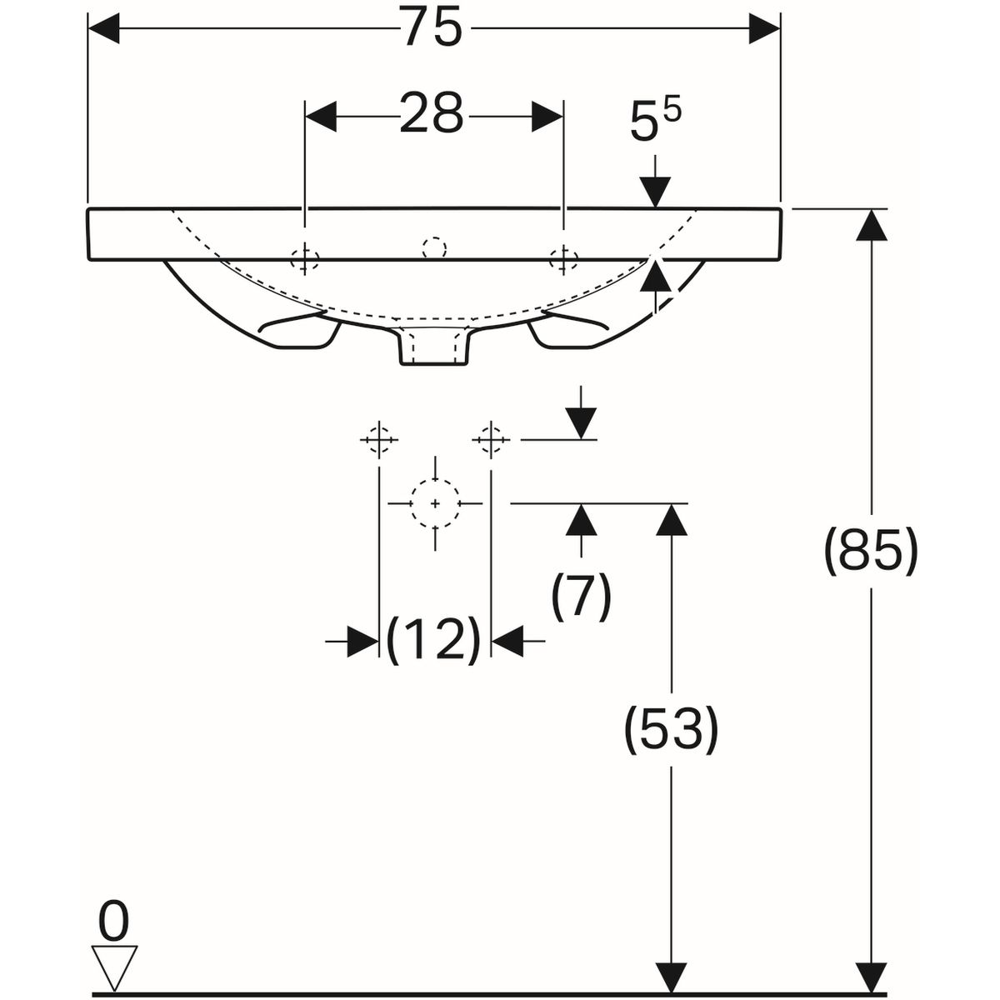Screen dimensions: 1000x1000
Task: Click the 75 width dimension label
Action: coord(432,30)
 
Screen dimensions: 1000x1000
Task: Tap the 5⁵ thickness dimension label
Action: coord(655,122)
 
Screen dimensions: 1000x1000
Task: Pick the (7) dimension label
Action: coord(582,595)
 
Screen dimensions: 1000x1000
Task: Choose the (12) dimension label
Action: coord(434,640)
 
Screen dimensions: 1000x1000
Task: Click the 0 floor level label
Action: coord(114,922)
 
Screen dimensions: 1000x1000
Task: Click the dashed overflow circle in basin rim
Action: coord(433,247)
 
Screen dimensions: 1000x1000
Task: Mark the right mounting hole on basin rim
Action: coord(564,258)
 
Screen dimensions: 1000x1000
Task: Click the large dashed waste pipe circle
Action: coord(435,503)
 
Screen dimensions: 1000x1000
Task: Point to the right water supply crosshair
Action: coord(491,438)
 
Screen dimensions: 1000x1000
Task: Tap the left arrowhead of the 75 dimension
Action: coord(105,30)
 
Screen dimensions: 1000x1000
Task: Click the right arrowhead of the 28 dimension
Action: coord(547,116)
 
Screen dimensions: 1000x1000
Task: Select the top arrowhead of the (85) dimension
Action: coord(872,225)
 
